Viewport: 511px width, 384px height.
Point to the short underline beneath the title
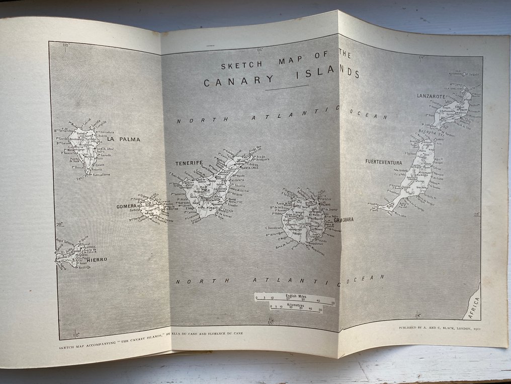tap(287, 88)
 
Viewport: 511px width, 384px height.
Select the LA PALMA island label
tap(123, 139)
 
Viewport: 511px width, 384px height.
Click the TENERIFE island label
tap(189, 163)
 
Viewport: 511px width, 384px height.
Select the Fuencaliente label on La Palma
tap(100, 175)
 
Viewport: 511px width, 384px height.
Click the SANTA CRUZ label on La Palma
tap(108, 149)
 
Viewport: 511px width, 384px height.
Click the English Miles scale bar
tap(294, 298)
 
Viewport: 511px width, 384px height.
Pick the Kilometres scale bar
tap(296, 309)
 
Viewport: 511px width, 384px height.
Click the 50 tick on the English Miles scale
tap(332, 302)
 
